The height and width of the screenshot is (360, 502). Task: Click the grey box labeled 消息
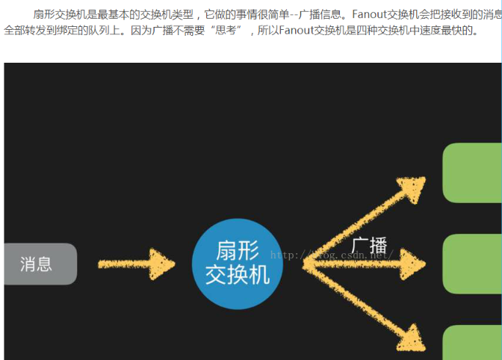[x=39, y=264]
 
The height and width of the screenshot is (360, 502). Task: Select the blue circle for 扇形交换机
[x=238, y=263]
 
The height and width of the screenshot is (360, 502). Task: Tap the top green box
[x=472, y=173]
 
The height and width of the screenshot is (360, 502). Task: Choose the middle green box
[x=472, y=264]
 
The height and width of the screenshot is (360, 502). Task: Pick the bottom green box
[x=472, y=343]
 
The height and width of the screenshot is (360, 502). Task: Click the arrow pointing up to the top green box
[x=366, y=220]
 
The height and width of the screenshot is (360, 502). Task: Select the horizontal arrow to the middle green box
[x=366, y=264]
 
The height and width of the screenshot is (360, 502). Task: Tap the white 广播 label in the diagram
[x=369, y=245]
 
